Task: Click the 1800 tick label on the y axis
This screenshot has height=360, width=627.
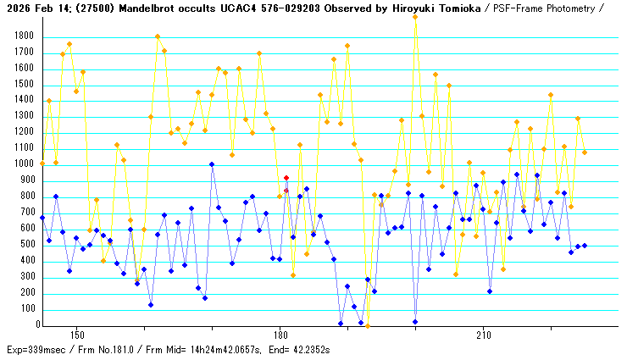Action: pyautogui.click(x=22, y=36)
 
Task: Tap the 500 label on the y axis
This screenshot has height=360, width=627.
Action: pyautogui.click(x=25, y=245)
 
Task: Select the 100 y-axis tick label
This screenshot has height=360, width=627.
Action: pyautogui.click(x=25, y=309)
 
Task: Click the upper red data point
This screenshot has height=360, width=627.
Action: pyautogui.click(x=286, y=178)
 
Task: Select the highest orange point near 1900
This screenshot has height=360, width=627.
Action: pyautogui.click(x=415, y=17)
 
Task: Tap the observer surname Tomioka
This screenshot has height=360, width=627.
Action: pyautogui.click(x=433, y=8)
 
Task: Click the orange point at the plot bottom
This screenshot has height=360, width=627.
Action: pyautogui.click(x=368, y=324)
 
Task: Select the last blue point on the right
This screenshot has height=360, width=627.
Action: pyautogui.click(x=585, y=246)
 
